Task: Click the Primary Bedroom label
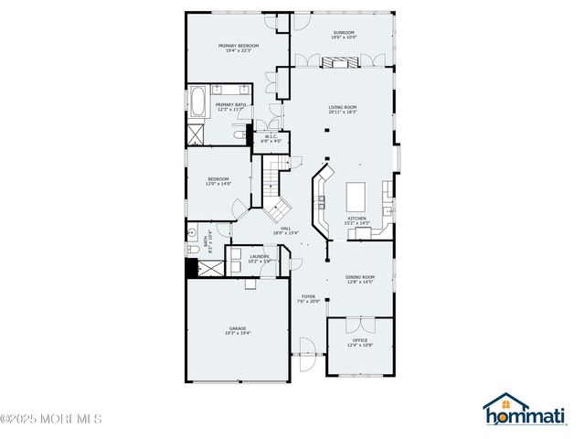[238, 48]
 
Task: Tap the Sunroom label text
[343, 35]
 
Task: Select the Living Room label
[342, 110]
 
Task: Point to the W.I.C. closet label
[271, 139]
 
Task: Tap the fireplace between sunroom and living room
[339, 61]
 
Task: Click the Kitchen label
[356, 220]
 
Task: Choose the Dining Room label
[360, 279]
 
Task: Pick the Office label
[360, 342]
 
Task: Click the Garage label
[238, 330]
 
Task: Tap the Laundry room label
[259, 259]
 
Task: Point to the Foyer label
[309, 299]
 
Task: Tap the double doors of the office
[360, 324]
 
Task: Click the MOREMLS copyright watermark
[50, 419]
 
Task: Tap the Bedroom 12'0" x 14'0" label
[218, 181]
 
